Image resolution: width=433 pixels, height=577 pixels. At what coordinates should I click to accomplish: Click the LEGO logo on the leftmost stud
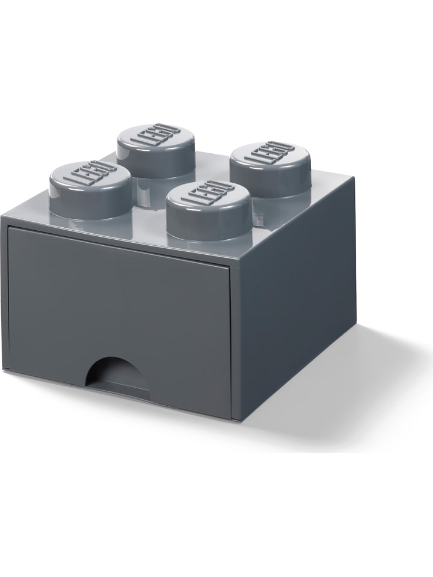pyautogui.click(x=90, y=174)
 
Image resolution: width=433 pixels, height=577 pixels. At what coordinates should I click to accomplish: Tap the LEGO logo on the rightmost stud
pyautogui.click(x=270, y=155)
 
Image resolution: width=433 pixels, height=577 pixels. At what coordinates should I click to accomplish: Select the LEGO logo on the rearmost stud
pyautogui.click(x=156, y=136)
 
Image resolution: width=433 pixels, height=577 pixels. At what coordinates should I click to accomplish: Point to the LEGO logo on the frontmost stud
pyautogui.click(x=207, y=194)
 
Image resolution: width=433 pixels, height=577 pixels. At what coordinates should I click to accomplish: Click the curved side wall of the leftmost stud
pyautogui.click(x=90, y=204)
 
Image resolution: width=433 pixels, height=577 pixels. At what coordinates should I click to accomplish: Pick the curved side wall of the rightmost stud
pyautogui.click(x=270, y=183)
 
